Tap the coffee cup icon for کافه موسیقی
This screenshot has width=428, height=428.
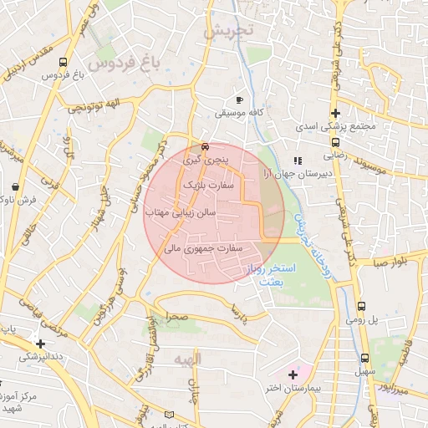click(x=240, y=98)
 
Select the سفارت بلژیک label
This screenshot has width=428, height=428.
click(x=205, y=182)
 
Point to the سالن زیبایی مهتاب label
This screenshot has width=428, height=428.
click(x=181, y=213)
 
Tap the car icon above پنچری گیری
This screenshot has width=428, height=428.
click(x=195, y=144)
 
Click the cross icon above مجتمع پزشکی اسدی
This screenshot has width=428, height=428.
click(x=335, y=113)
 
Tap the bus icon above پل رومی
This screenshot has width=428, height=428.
click(x=361, y=307)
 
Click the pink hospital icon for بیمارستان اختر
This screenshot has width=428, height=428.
click(x=292, y=373)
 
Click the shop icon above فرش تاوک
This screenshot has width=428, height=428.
click(x=18, y=186)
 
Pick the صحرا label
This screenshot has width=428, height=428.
click(x=176, y=318)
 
